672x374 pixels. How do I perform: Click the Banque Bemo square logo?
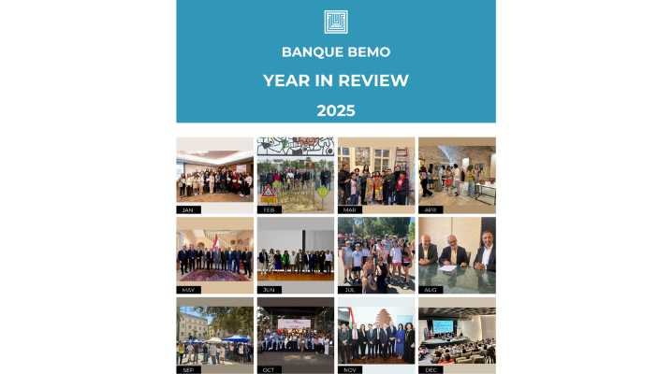pyautogui.click(x=336, y=22)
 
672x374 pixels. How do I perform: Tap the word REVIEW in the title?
pyautogui.click(x=373, y=80)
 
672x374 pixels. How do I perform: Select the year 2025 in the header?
pyautogui.click(x=336, y=111)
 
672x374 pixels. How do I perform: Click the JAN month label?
pyautogui.click(x=188, y=210)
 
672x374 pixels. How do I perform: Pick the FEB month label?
pyautogui.click(x=270, y=210)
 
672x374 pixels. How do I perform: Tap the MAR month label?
pyautogui.click(x=350, y=210)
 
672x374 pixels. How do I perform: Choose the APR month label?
pyautogui.click(x=431, y=210)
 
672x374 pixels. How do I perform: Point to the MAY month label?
pyautogui.click(x=188, y=290)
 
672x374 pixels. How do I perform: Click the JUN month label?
pyautogui.click(x=270, y=290)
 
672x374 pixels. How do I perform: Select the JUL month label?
pyautogui.click(x=350, y=290)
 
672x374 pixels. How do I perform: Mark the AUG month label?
pyautogui.click(x=431, y=290)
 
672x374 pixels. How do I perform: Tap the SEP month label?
pyautogui.click(x=188, y=369)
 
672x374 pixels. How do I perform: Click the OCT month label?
pyautogui.click(x=270, y=369)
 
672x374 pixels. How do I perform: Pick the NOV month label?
pyautogui.click(x=350, y=369)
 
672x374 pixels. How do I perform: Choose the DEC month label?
pyautogui.click(x=431, y=369)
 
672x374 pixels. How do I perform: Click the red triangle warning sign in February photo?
pyautogui.click(x=269, y=192)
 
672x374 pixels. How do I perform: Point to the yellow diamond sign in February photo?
pyautogui.click(x=323, y=192)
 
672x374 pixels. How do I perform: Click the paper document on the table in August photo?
pyautogui.click(x=447, y=267)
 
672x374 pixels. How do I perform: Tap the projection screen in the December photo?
pyautogui.click(x=443, y=326)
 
